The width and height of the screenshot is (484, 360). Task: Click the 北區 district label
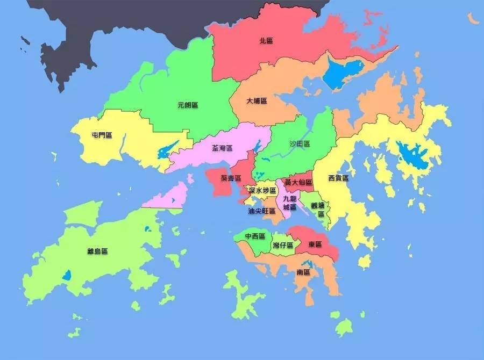pyautogui.click(x=266, y=40)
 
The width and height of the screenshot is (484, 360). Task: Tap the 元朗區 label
pyautogui.click(x=188, y=105)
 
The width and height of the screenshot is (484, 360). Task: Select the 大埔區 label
pyautogui.click(x=257, y=101)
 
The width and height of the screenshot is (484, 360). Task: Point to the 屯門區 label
pyautogui.click(x=102, y=135)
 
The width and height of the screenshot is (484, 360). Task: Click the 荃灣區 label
pyautogui.click(x=222, y=148)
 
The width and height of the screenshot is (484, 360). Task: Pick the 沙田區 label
pyautogui.click(x=300, y=143)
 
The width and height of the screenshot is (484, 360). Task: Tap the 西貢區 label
pyautogui.click(x=338, y=178)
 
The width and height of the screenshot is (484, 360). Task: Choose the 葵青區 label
pyautogui.click(x=231, y=178)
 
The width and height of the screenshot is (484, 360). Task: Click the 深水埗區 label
pyautogui.click(x=262, y=191)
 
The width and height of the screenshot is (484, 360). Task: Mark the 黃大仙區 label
pyautogui.click(x=298, y=183)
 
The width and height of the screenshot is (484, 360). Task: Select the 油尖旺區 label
pyautogui.click(x=262, y=211)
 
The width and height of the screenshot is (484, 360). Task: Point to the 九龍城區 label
pyautogui.click(x=289, y=203)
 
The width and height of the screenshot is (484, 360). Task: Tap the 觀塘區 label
pyautogui.click(x=318, y=209)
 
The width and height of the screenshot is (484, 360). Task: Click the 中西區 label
pyautogui.click(x=255, y=236)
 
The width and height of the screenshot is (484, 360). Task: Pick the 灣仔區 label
pyautogui.click(x=283, y=246)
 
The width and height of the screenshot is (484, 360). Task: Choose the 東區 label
pyautogui.click(x=315, y=244)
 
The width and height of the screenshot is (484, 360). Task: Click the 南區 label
pyautogui.click(x=303, y=272)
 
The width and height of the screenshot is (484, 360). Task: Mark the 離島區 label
pyautogui.click(x=97, y=251)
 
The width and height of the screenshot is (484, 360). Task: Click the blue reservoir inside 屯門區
pyautogui.click(x=165, y=150)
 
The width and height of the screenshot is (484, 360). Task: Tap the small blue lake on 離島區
pyautogui.click(x=66, y=276)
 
